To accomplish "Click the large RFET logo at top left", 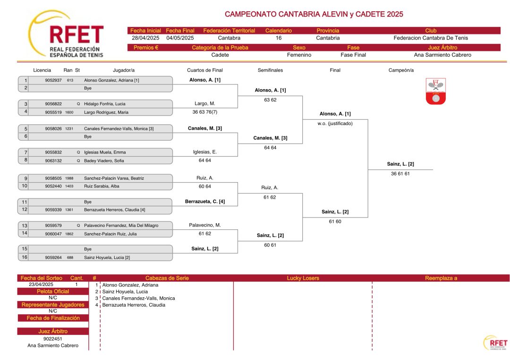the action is (67, 35).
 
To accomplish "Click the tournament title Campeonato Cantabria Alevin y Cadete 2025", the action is (314, 14).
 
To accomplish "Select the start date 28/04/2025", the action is (145, 38).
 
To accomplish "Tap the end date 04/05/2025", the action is (180, 38).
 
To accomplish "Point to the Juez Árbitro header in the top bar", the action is (442, 48).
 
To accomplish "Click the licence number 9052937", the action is (53, 80).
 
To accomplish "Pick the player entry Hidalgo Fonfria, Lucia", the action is (105, 104).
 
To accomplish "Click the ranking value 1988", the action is (69, 178).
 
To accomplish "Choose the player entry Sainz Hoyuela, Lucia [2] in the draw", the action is (107, 258).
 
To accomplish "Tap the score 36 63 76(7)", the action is (205, 112).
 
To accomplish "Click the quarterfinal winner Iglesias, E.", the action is (205, 152).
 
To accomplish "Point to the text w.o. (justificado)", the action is (335, 124).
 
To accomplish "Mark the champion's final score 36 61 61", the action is (400, 174).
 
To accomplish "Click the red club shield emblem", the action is (436, 92).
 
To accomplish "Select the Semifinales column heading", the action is (270, 70).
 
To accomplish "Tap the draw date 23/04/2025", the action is (41, 285).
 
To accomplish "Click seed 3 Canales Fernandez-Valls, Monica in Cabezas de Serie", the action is (138, 298).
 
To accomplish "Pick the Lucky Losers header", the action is (303, 278).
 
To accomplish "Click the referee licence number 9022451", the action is (53, 339).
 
